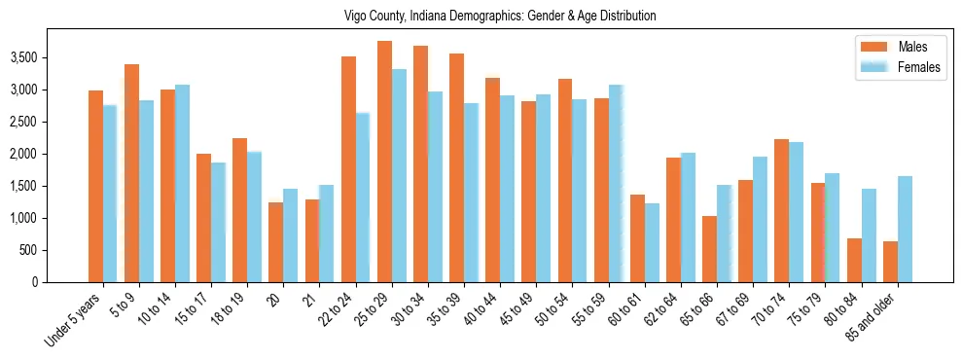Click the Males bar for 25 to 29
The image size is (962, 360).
pos(384,162)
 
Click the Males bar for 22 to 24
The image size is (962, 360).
pos(348,169)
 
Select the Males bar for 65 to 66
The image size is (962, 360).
pos(710,249)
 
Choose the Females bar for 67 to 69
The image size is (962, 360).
pos(760,219)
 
